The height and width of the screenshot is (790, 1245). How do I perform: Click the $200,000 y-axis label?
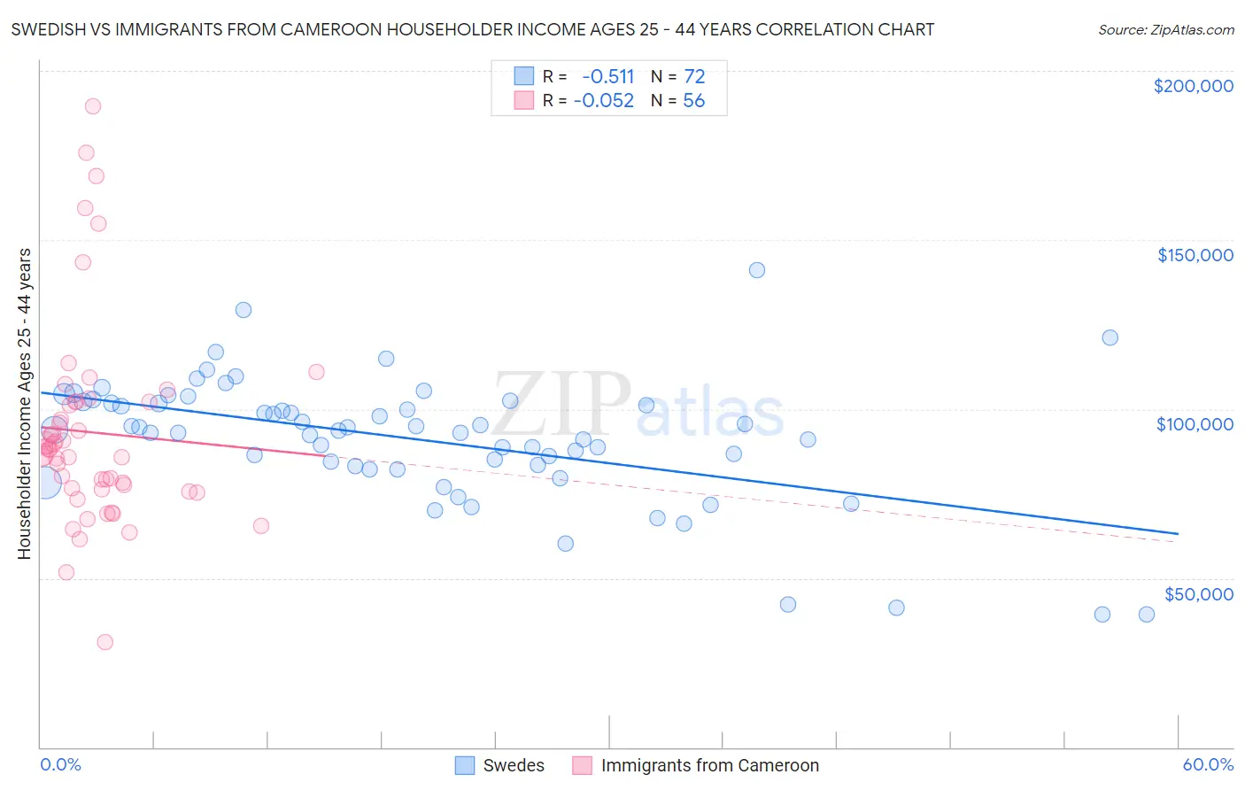(x=1193, y=86)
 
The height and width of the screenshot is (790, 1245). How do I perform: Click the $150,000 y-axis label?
(x=1195, y=255)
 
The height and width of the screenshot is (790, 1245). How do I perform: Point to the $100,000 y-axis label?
(x=1195, y=424)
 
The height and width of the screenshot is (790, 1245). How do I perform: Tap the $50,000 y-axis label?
(x=1198, y=593)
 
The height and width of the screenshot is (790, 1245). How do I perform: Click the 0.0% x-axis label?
(x=60, y=764)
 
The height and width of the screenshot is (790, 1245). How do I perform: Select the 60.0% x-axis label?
(x=1208, y=764)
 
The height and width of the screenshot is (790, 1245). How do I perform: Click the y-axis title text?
(x=25, y=404)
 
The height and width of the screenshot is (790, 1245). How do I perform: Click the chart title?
(x=472, y=29)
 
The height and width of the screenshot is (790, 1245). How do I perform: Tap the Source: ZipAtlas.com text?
(x=1165, y=30)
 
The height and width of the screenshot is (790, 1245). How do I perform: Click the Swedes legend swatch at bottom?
(x=465, y=765)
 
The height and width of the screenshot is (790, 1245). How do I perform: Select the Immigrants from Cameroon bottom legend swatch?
(x=582, y=765)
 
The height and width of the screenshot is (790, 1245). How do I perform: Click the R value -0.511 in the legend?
(x=607, y=76)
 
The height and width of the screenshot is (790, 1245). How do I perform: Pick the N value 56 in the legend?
(x=693, y=100)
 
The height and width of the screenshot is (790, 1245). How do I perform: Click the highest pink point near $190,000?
(x=93, y=106)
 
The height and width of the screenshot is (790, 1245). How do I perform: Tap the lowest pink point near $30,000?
(x=105, y=642)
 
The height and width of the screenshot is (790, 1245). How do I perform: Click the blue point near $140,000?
(x=757, y=270)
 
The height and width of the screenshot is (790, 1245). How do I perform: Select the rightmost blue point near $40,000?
(x=1147, y=615)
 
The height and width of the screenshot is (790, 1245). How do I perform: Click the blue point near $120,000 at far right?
(x=1110, y=337)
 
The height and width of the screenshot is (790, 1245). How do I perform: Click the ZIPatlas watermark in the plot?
(x=638, y=408)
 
